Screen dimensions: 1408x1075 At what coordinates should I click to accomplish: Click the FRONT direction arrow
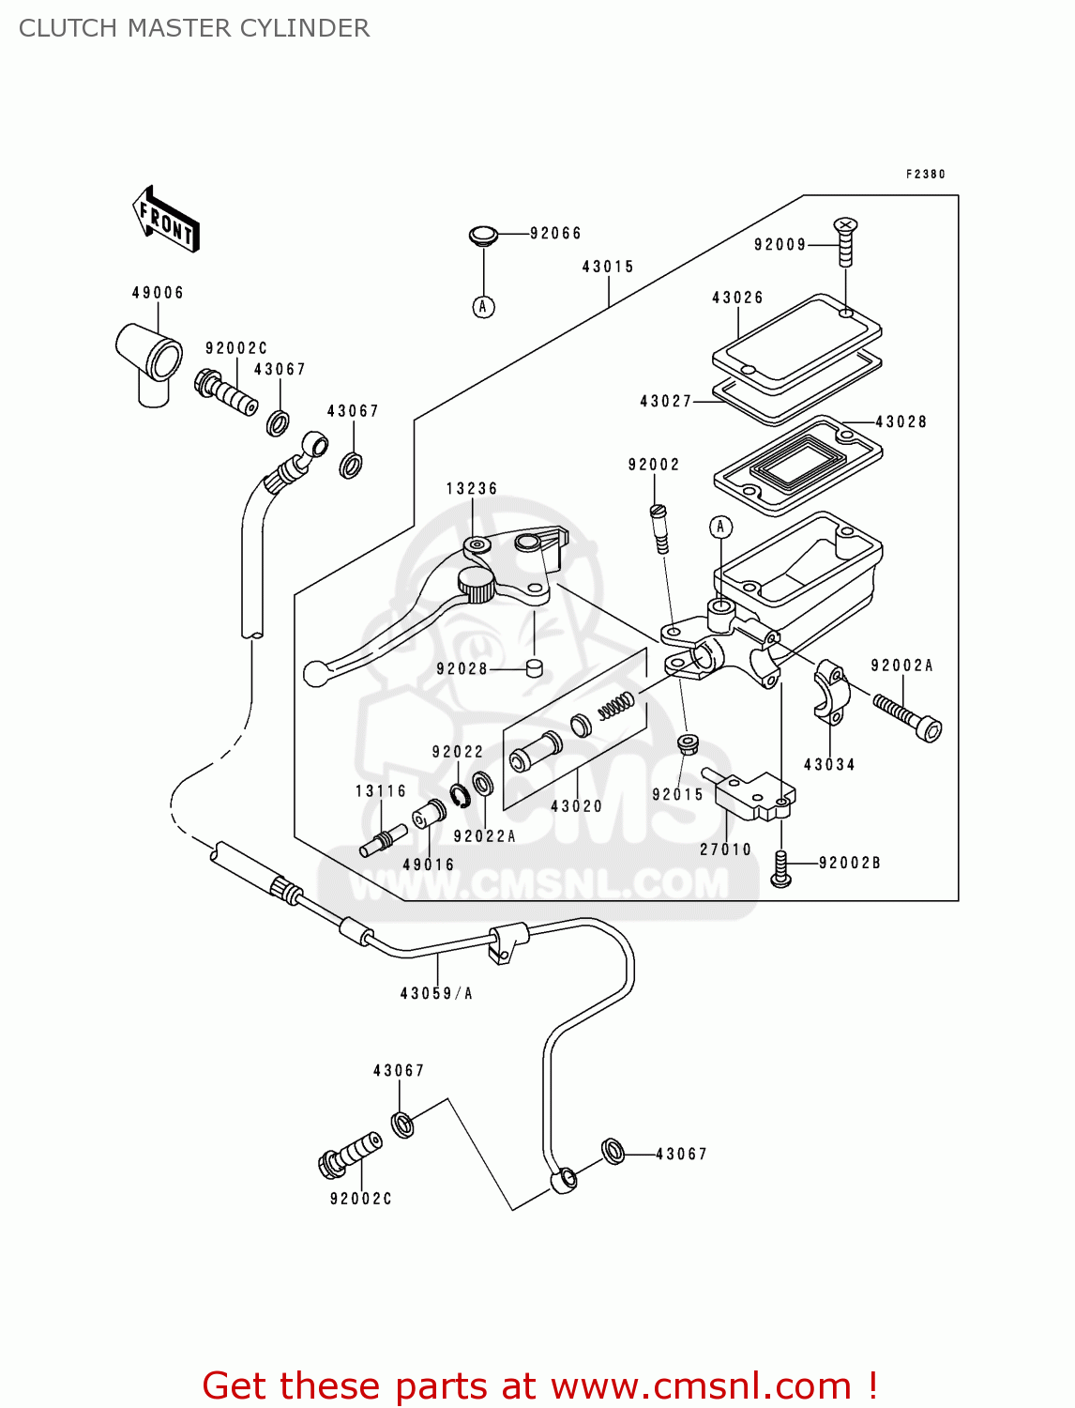[167, 220]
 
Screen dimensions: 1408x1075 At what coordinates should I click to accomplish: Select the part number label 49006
[158, 293]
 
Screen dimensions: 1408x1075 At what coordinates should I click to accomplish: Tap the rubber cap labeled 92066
[483, 236]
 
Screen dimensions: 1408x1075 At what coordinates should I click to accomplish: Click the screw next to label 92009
[845, 243]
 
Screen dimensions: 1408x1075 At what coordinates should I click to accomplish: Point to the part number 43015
[608, 267]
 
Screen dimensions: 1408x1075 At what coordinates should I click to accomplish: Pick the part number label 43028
[901, 422]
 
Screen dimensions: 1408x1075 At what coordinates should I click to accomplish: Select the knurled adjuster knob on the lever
[477, 586]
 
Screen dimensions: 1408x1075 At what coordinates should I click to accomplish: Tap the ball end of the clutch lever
[316, 673]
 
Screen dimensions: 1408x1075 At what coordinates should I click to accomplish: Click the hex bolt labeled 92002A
[908, 717]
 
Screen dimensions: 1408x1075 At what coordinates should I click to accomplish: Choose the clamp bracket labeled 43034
[830, 693]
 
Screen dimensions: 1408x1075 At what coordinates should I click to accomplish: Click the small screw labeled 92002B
[780, 868]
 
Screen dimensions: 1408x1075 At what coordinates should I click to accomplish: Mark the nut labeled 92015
[687, 744]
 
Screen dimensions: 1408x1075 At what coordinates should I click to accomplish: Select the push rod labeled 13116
[383, 840]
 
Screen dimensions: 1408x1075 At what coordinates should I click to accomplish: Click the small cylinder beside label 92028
[535, 668]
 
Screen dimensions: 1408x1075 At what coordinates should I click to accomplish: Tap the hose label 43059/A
[436, 993]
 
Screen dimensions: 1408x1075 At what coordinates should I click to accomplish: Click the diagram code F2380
[925, 175]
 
